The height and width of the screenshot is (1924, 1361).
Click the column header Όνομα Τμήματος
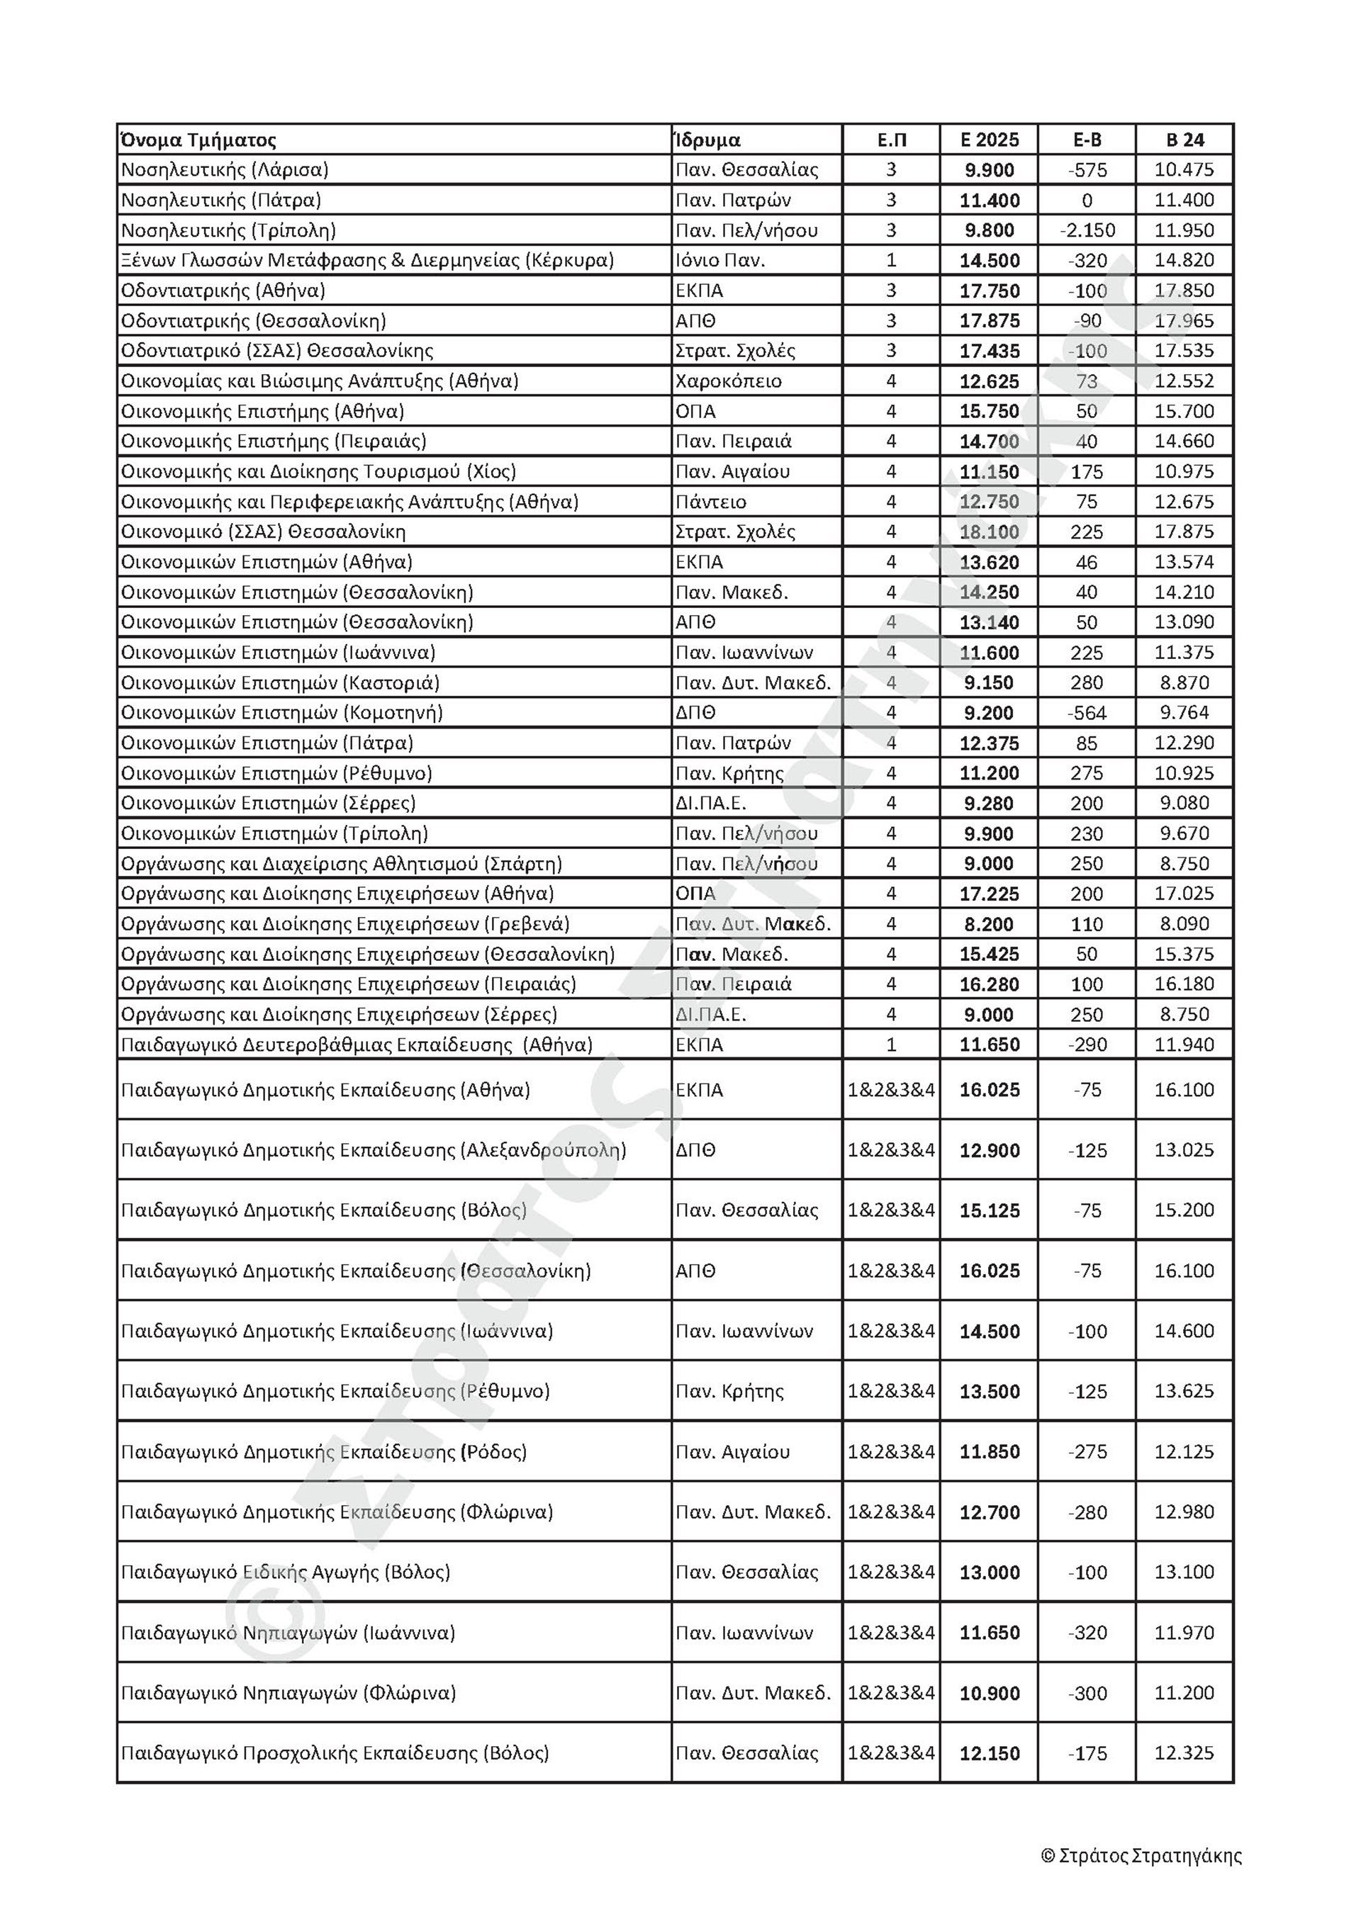[x=198, y=140]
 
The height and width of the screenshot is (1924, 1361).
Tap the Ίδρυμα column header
[x=708, y=140]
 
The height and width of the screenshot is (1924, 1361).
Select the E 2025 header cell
[x=989, y=140]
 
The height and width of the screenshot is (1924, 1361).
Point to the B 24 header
[x=1184, y=140]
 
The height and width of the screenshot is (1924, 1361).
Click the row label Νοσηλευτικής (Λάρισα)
[x=225, y=170]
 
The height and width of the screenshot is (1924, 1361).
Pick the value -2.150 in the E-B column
[x=1086, y=230]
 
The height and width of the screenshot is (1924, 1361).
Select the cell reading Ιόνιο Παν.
[x=720, y=261]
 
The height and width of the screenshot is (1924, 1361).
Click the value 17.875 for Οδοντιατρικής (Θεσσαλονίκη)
[x=989, y=321]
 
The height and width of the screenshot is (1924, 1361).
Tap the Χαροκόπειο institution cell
[x=728, y=381]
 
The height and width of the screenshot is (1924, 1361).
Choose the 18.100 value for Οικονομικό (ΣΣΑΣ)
[x=989, y=532]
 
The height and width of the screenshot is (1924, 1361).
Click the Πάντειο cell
[x=711, y=502]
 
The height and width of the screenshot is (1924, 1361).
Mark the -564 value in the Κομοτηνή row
[x=1086, y=713]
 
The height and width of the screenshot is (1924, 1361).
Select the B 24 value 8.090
[x=1184, y=924]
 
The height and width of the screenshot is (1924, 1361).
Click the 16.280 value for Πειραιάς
[x=989, y=984]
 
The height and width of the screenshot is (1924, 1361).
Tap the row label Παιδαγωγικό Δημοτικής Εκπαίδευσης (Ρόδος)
[x=323, y=1452]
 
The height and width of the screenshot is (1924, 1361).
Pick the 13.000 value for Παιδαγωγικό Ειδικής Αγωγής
[x=989, y=1573]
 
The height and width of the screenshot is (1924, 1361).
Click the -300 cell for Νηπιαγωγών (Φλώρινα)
[x=1086, y=1694]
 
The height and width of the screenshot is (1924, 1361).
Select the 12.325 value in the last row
[x=1184, y=1753]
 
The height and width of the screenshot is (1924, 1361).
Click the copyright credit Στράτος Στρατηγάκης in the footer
[x=1141, y=1856]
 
